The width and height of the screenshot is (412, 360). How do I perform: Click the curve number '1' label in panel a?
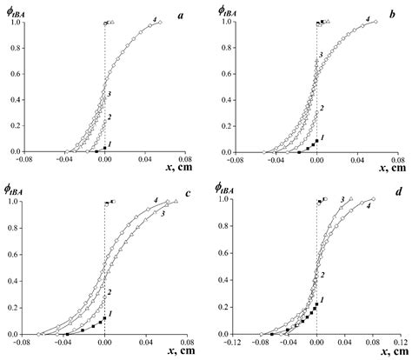[x=110, y=143]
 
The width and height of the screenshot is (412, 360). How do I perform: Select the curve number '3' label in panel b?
[x=322, y=55]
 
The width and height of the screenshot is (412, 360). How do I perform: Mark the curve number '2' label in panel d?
[x=321, y=275]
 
